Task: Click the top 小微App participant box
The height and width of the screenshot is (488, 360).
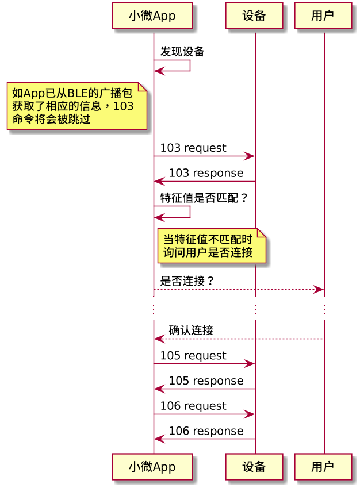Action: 152,16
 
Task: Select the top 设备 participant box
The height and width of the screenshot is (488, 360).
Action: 254,16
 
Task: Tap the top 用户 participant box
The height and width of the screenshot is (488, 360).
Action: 323,16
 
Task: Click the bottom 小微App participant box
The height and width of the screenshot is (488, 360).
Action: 152,466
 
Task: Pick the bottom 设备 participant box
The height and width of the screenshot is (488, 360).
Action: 254,466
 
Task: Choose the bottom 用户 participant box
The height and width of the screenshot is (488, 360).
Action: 323,466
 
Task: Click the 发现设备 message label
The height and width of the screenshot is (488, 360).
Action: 182,52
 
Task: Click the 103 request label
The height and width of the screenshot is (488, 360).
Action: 193,148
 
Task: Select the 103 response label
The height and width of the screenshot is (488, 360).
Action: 206,173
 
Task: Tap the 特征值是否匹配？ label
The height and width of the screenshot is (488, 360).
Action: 204,198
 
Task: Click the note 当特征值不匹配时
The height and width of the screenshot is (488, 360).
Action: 212,246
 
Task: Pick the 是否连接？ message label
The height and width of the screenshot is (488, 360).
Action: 187,281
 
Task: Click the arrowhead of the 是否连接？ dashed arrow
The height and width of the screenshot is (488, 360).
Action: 319,290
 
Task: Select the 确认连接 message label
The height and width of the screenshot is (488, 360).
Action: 191,331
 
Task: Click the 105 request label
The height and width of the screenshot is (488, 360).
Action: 193,356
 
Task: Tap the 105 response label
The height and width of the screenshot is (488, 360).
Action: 206,381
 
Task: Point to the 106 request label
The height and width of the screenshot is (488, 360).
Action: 193,406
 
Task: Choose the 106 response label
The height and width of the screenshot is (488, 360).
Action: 206,431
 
